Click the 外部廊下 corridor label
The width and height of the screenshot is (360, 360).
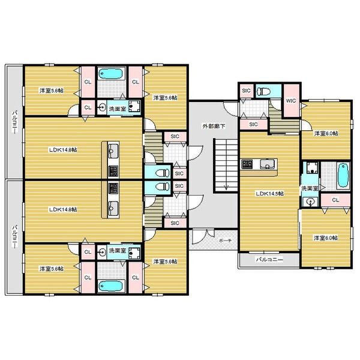214,126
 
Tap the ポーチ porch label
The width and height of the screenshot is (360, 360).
225,241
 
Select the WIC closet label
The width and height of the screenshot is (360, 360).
291,101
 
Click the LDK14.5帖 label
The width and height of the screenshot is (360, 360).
269,193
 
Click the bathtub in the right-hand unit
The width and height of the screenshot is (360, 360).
343,175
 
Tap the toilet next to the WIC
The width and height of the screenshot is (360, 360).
263,91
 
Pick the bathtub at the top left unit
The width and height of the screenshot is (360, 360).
111,74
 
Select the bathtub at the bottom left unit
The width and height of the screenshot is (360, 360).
111,286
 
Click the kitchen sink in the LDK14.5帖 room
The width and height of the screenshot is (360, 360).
267,164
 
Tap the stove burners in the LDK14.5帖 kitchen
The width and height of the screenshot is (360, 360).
247,164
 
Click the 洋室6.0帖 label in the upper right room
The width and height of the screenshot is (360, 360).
326,133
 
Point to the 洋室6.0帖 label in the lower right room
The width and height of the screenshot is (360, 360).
326,238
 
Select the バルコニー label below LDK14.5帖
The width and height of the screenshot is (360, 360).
269,260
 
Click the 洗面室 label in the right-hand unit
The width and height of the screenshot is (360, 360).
310,188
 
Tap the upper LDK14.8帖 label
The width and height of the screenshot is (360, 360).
63,150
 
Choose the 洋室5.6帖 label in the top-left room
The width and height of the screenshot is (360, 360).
52,91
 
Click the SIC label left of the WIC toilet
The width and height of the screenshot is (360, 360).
246,91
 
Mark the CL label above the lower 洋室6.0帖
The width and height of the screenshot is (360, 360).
335,200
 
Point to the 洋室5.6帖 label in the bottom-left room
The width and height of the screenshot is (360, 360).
52,269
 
